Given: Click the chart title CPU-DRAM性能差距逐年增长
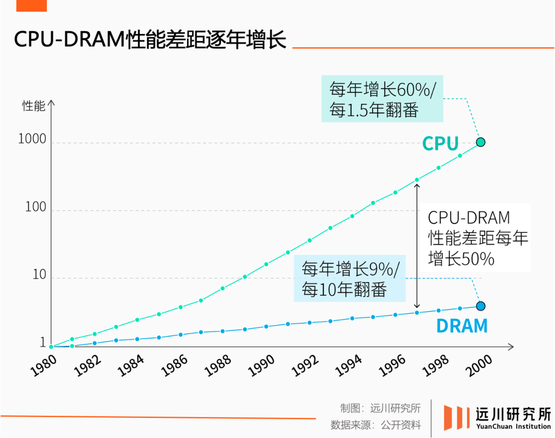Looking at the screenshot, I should pos(150,40).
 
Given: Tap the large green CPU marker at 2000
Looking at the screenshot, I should pos(480,142).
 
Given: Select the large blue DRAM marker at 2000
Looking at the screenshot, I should pos(480,306).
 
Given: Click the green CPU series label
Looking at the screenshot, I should pos(440,144).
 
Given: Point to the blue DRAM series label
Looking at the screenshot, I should pos(461,326).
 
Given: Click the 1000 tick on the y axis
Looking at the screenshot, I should pos(32,139).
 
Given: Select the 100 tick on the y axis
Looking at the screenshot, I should pos(35,207).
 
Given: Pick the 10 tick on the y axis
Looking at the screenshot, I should pos(39,275).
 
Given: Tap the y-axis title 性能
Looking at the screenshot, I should pos(34,106).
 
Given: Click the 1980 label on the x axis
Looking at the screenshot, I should pos(44,366).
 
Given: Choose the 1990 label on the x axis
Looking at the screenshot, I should pos(262,366).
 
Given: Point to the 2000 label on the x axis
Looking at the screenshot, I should pos(480,366).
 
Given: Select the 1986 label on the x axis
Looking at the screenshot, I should pos(175,366).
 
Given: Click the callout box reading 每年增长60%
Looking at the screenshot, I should pos(382,99).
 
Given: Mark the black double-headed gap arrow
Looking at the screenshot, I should pos(417,247).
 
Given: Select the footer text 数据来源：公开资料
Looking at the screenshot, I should pos(376,425).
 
